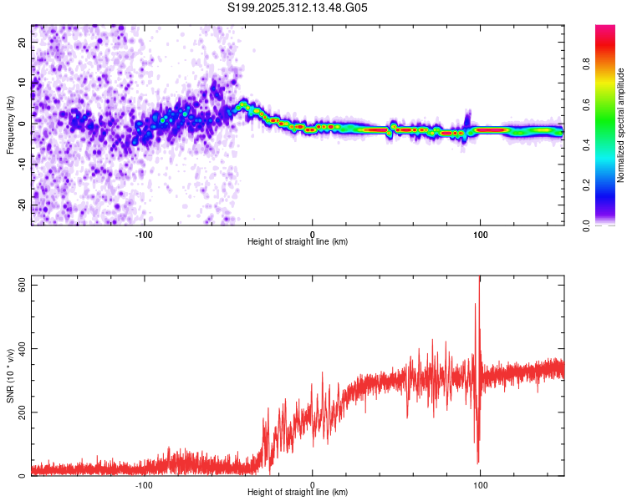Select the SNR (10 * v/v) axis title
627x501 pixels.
point(10,377)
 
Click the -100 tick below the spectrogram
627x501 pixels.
point(144,233)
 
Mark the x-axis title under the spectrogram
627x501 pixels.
point(298,242)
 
